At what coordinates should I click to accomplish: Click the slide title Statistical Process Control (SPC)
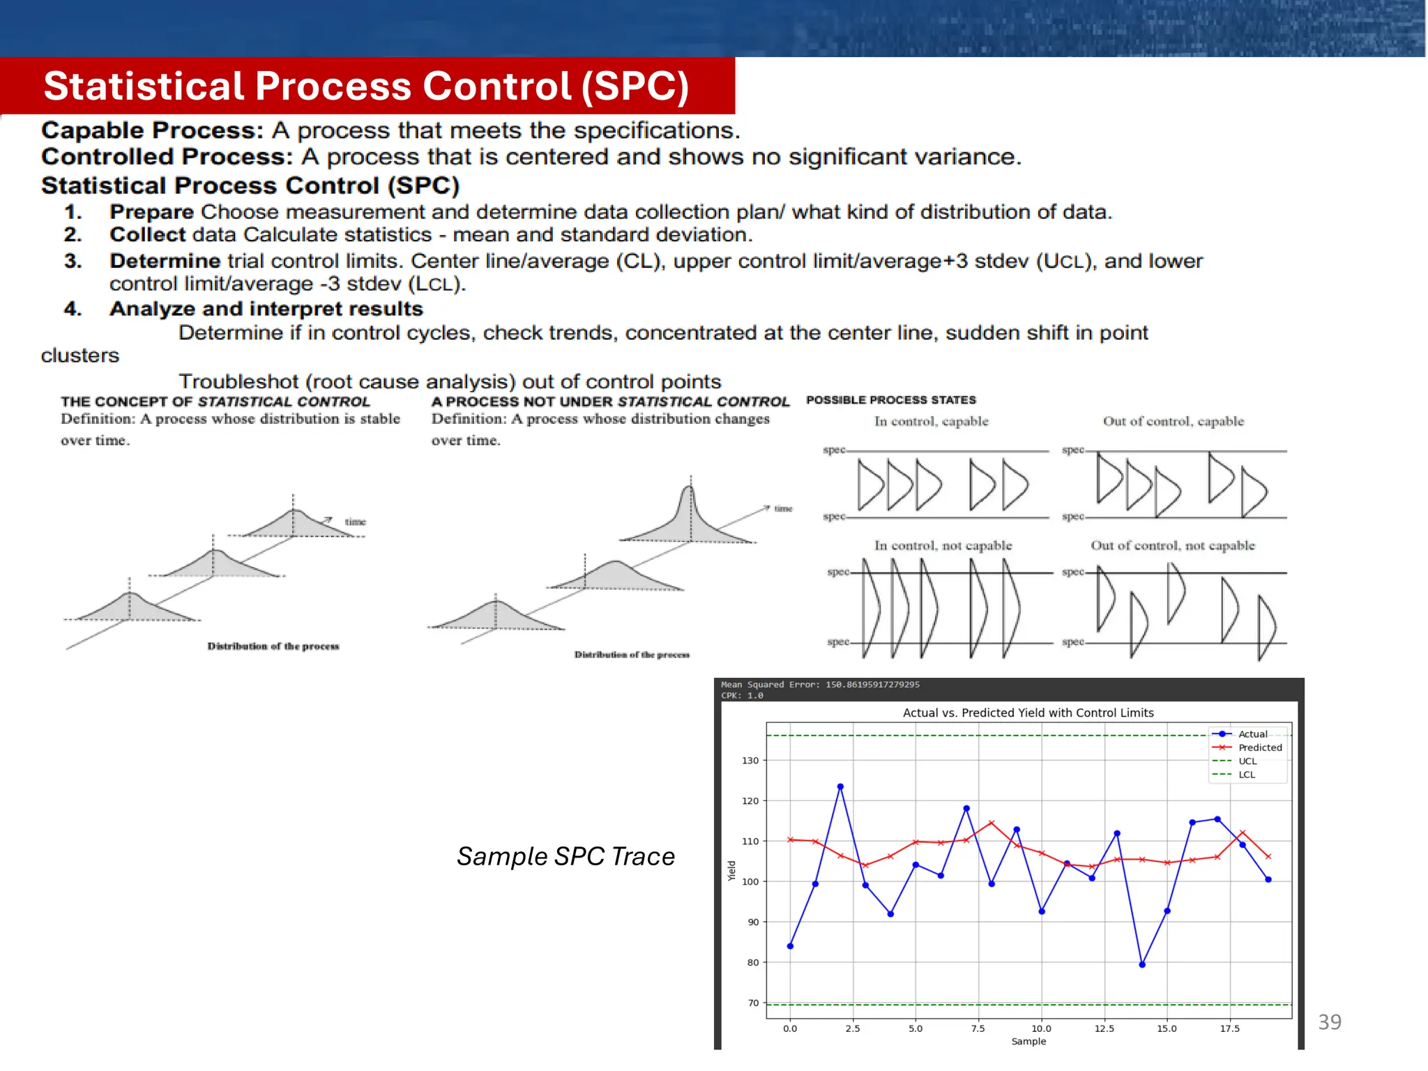(366, 86)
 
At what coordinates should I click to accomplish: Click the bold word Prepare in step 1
(151, 212)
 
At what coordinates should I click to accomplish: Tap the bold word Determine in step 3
(165, 261)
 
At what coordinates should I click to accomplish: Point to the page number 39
(1329, 1022)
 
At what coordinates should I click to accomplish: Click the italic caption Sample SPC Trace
(565, 856)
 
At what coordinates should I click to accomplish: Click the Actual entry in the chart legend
(1252, 734)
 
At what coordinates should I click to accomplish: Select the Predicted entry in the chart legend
(1259, 747)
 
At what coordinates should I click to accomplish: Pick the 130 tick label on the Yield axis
(750, 761)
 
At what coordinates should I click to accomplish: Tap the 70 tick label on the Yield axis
(753, 1003)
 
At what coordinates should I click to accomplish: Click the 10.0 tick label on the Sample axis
(1041, 1029)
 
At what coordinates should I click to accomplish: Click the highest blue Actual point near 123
(840, 787)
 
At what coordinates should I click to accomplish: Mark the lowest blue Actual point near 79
(1142, 965)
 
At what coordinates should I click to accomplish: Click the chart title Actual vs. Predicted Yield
(1028, 713)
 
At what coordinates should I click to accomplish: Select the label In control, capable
(931, 421)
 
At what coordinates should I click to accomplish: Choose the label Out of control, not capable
(1172, 545)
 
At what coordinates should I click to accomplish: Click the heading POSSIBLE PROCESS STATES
(890, 400)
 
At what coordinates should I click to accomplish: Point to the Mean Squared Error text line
(820, 685)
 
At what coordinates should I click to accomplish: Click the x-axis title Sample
(1028, 1042)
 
